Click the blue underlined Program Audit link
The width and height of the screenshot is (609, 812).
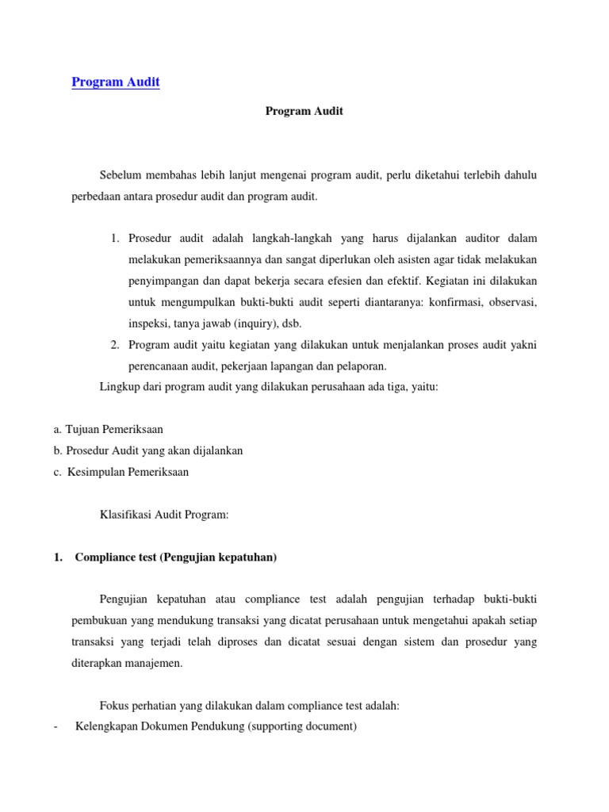tap(116, 82)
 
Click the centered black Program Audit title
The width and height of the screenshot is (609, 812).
tap(304, 112)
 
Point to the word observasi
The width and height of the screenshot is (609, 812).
tap(512, 303)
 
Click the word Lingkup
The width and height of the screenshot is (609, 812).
tap(118, 386)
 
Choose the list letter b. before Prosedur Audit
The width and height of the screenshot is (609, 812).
tap(58, 450)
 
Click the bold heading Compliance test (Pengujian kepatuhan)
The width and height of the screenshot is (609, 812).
tap(175, 557)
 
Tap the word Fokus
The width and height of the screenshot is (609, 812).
tap(114, 707)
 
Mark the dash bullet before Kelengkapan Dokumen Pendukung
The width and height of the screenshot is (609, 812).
tap(56, 726)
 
